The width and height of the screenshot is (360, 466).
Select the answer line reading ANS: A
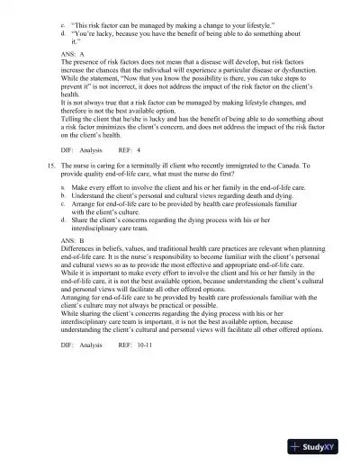76,53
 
